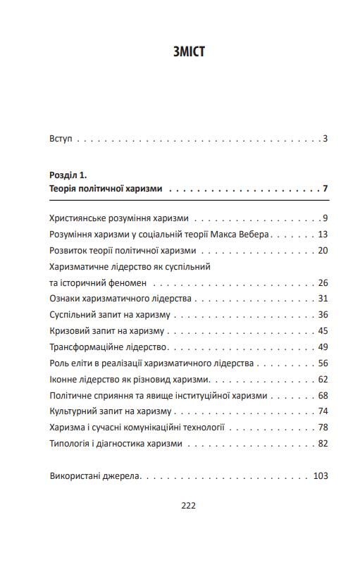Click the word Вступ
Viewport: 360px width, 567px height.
tap(61, 139)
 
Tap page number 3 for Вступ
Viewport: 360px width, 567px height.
tap(325, 139)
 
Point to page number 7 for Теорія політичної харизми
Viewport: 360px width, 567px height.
tap(325, 189)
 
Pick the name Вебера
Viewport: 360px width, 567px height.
tap(255, 235)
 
